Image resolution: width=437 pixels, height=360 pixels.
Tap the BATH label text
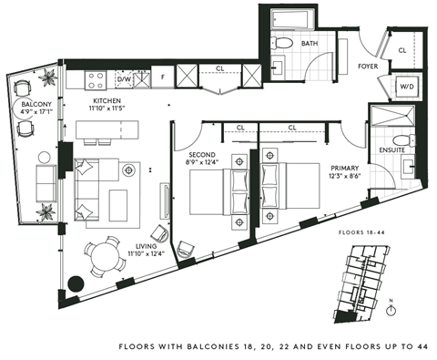(310, 43)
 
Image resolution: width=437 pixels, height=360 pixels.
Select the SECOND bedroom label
(201, 155)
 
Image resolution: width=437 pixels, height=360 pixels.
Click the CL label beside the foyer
(402, 38)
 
